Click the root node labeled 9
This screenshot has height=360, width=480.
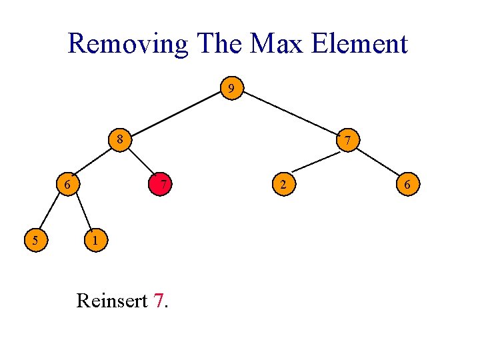point(231,87)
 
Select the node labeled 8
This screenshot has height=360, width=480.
point(119,140)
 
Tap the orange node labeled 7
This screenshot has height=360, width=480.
point(348,141)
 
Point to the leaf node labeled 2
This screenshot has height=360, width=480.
point(283,183)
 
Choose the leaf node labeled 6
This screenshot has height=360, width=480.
point(407,183)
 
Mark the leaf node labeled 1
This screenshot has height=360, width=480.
point(96,239)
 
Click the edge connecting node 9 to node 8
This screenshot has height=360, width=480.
point(175,114)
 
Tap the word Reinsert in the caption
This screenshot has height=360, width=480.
point(111,301)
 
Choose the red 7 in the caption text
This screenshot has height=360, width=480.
point(158,301)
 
